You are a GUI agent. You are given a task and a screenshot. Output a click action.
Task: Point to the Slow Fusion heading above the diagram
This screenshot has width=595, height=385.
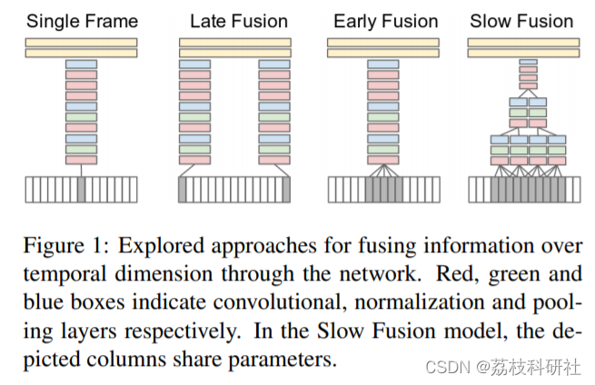521,20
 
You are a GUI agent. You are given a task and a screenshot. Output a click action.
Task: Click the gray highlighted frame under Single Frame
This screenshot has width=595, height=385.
82,189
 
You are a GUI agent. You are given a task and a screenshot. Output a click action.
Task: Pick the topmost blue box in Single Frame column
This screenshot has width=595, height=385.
82,64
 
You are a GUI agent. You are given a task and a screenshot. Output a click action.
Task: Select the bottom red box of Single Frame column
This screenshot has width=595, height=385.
82,160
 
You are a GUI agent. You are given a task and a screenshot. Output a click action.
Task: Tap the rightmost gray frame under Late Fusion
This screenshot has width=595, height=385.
286,189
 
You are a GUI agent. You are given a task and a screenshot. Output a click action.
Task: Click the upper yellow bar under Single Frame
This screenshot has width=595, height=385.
82,43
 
